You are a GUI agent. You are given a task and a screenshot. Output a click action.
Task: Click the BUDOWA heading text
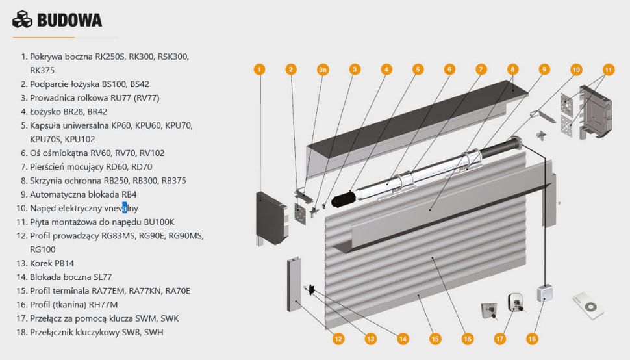pos(69,20)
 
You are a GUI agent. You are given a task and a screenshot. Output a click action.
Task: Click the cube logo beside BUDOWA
pos(22,20)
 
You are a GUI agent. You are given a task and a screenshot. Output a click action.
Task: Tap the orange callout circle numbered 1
pos(259,69)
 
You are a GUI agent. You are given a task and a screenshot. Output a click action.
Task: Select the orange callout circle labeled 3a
pos(323,69)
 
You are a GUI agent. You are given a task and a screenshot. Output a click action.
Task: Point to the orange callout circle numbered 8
pos(512,69)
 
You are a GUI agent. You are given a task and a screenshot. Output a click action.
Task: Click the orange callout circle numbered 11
pos(608,69)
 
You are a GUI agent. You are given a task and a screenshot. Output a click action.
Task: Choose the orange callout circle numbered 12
pos(338,338)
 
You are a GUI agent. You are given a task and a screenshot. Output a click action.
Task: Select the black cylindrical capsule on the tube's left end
pos(342,196)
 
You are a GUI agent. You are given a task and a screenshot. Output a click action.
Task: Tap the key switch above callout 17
pos(517,302)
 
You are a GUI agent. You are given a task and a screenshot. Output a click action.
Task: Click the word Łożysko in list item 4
pos(45,112)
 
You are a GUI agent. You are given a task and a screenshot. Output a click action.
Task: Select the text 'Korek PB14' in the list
pos(51,263)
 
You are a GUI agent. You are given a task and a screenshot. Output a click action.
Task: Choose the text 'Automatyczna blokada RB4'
pos(83,194)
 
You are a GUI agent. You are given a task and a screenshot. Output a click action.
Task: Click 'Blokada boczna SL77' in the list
pos(71,277)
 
